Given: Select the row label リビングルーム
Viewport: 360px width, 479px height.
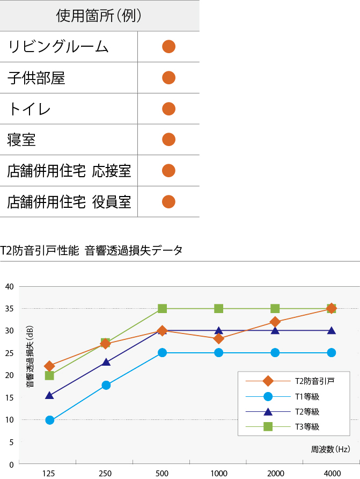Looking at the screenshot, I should tap(58, 47).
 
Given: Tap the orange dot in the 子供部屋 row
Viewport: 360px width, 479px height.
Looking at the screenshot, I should tap(168, 78).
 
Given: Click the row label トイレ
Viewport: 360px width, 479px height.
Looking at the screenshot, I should tap(30, 109).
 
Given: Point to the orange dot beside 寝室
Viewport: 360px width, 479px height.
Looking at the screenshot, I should tap(168, 140).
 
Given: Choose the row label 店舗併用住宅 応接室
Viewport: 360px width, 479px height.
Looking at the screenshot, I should tap(69, 171).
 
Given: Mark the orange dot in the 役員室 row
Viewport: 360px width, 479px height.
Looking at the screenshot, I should tap(168, 202).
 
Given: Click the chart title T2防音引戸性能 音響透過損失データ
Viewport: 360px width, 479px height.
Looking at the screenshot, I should tap(91, 250).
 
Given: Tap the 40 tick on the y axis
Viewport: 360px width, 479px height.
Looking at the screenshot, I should tap(9, 286).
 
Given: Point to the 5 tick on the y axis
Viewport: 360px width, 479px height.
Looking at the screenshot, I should tap(11, 442).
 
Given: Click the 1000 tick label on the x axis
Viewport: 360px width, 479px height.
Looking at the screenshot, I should tap(218, 473).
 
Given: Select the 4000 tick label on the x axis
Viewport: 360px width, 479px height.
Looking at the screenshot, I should tap(332, 473).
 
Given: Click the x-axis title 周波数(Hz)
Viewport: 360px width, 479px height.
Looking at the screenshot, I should tap(330, 449).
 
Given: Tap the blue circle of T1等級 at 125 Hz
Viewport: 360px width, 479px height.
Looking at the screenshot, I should tap(49, 420).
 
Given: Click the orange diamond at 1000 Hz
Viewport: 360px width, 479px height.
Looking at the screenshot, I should tap(218, 338).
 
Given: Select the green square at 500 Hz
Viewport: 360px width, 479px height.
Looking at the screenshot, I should tap(162, 308).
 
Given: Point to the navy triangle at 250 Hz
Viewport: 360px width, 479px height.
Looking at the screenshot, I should tap(106, 362).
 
